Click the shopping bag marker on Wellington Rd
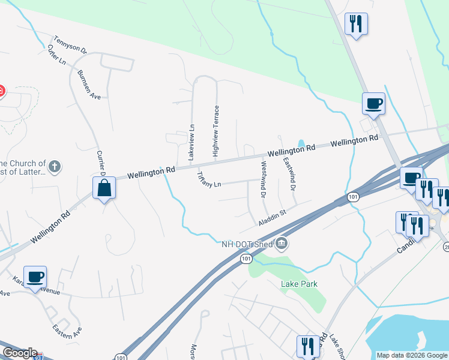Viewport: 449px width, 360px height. click(104, 188)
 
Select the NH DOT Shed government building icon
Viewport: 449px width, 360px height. click(281, 243)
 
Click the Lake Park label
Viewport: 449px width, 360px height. click(299, 284)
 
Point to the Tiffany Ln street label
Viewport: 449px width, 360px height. click(209, 180)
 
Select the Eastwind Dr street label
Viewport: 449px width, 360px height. click(290, 174)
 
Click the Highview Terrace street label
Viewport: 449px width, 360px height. click(217, 131)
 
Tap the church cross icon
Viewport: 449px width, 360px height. click(55, 166)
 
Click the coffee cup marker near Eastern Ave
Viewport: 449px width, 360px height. click(35, 277)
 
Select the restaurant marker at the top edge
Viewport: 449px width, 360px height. click(356, 24)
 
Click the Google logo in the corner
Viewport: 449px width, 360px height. click(20, 353)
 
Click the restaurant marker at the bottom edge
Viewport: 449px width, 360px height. click(307, 346)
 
